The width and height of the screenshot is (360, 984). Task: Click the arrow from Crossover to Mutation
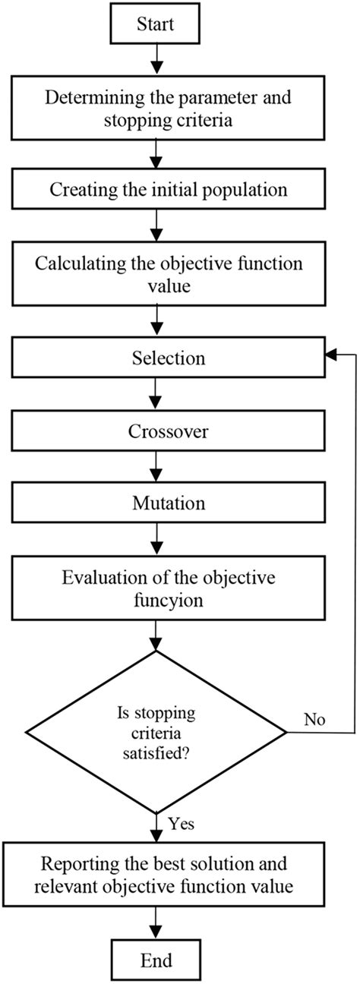(156, 465)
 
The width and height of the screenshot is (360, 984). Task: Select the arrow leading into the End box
(156, 919)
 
